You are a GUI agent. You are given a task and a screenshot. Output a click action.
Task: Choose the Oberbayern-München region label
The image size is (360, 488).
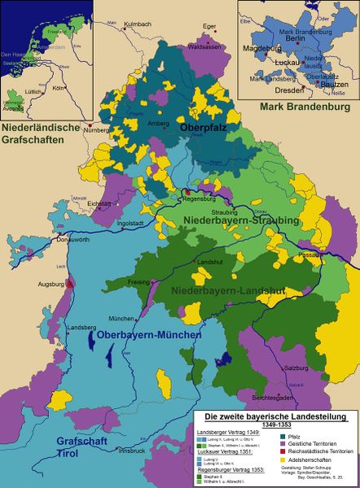[x=148, y=335]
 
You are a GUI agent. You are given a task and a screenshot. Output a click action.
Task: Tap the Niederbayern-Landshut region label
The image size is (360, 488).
[x=229, y=289]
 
